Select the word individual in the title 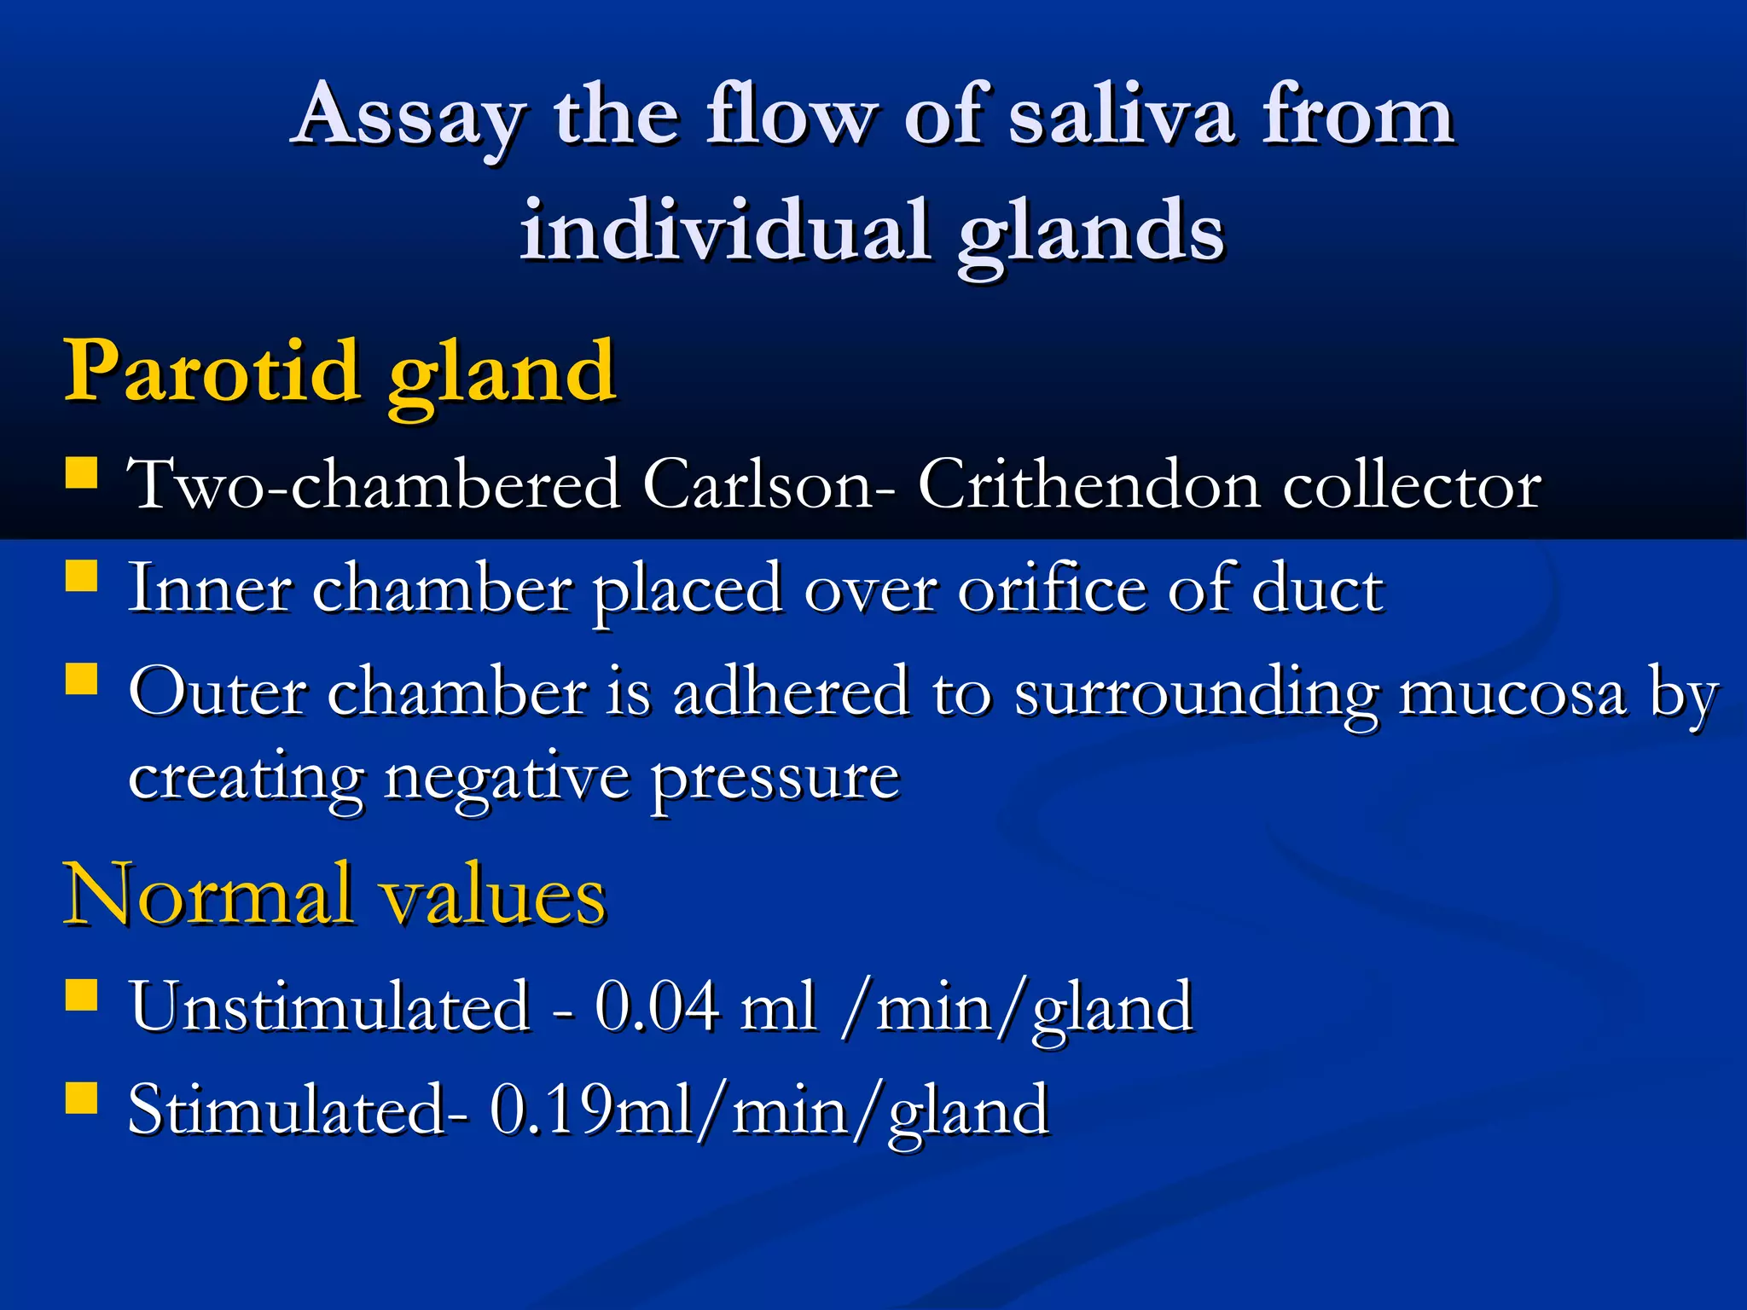pyautogui.click(x=724, y=231)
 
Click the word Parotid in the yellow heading pyautogui.click(x=212, y=371)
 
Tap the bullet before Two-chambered pyautogui.click(x=82, y=472)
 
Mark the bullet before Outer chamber pyautogui.click(x=82, y=680)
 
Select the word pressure pyautogui.click(x=775, y=780)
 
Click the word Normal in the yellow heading pyautogui.click(x=208, y=895)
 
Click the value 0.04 pyautogui.click(x=657, y=1007)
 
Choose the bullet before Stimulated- pyautogui.click(x=82, y=1098)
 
